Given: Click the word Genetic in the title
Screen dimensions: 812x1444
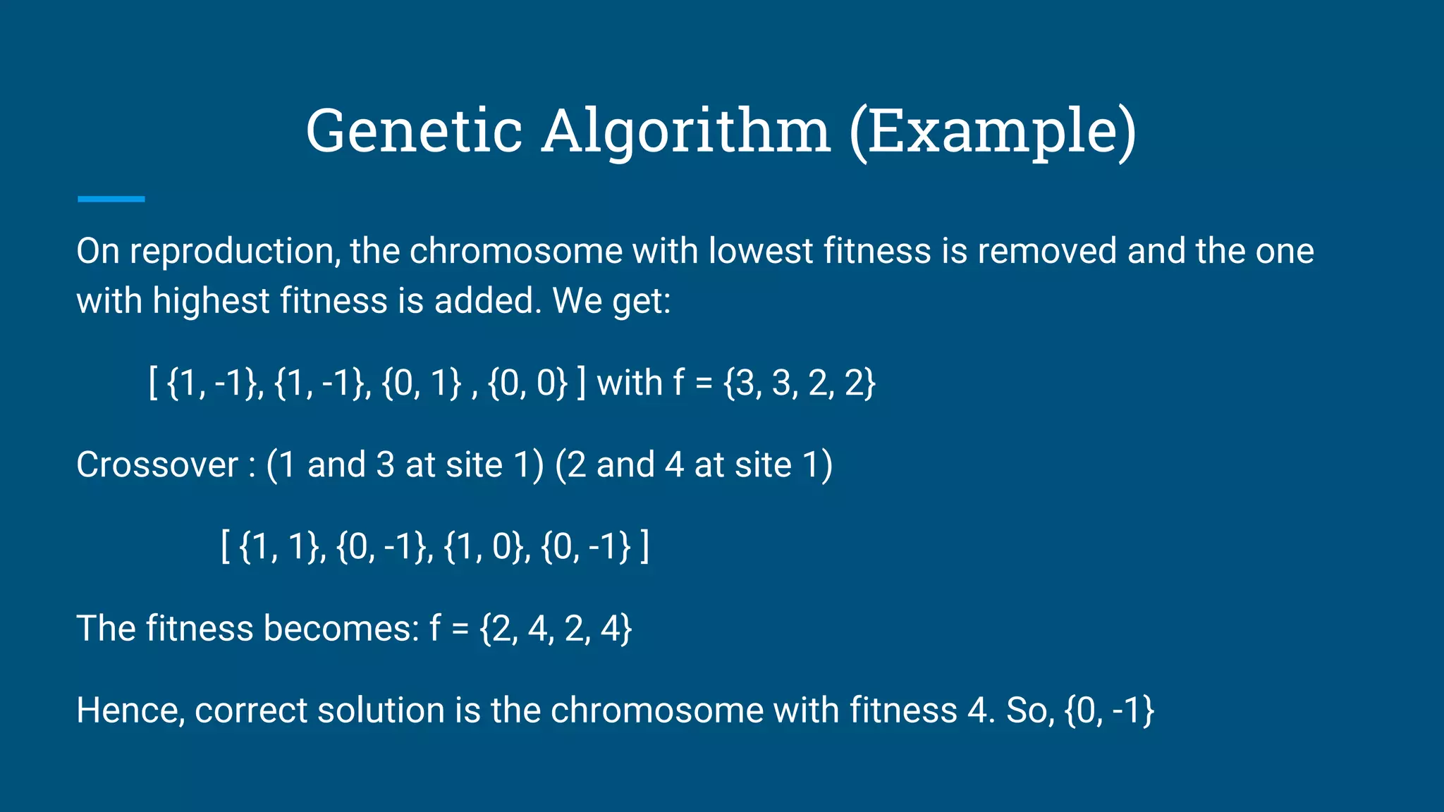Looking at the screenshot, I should click(414, 131).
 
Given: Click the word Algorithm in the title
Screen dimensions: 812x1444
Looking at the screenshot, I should click(686, 131).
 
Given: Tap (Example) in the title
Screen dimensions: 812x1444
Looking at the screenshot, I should click(993, 131).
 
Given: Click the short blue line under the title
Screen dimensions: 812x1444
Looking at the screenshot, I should click(111, 199).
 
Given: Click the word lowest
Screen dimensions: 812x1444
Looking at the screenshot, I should click(761, 252).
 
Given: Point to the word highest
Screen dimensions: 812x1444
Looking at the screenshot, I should click(211, 301).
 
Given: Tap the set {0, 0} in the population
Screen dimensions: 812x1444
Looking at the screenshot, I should click(527, 383).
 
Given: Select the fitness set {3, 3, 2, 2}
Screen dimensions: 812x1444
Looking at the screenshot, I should click(800, 383).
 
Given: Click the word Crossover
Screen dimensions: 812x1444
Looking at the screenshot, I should click(157, 465).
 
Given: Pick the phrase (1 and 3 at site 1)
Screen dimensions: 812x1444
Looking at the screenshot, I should click(405, 465).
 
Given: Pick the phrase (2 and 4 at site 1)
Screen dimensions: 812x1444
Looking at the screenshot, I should click(694, 465).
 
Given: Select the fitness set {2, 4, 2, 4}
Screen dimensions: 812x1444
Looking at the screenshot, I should click(556, 629).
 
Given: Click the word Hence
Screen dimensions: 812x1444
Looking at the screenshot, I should click(130, 710).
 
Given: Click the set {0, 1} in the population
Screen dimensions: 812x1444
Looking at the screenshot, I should click(422, 383).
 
